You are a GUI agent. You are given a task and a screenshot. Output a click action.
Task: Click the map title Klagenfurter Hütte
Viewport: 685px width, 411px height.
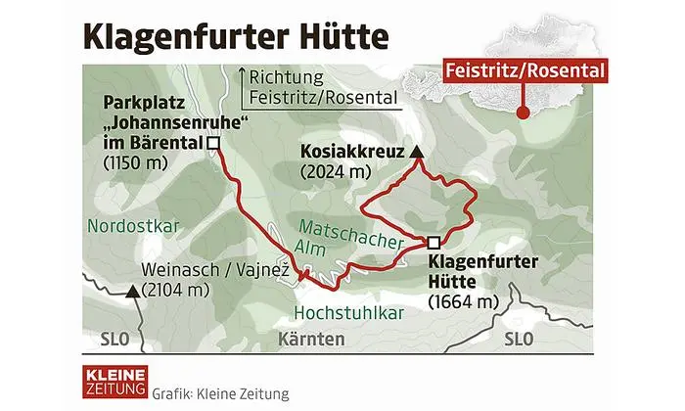tap(235, 37)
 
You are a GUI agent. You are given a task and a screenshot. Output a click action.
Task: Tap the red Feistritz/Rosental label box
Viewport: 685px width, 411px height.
tap(525, 70)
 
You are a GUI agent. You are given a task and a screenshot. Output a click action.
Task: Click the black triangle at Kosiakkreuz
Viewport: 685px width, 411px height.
tap(416, 152)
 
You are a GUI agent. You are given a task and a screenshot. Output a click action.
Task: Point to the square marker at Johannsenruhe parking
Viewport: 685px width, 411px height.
tap(212, 143)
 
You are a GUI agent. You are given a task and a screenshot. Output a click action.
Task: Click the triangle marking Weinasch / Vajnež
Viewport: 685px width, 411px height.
tap(131, 290)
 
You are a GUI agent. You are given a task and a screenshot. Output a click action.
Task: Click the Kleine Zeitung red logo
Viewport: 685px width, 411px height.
tap(114, 382)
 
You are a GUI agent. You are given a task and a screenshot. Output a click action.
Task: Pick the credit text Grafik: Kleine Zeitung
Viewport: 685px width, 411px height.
tap(220, 394)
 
